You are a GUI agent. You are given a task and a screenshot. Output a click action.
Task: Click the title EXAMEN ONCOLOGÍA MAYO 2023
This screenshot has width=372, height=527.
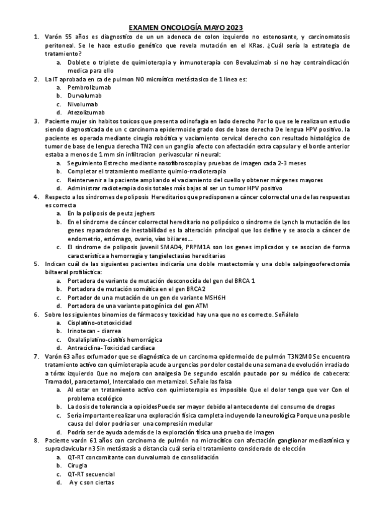pos(186,27)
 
